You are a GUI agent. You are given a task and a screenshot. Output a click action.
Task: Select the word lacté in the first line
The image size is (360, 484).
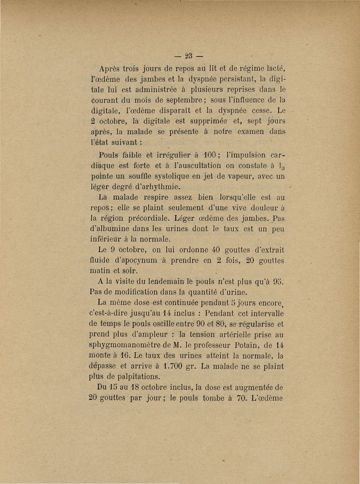(275, 68)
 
